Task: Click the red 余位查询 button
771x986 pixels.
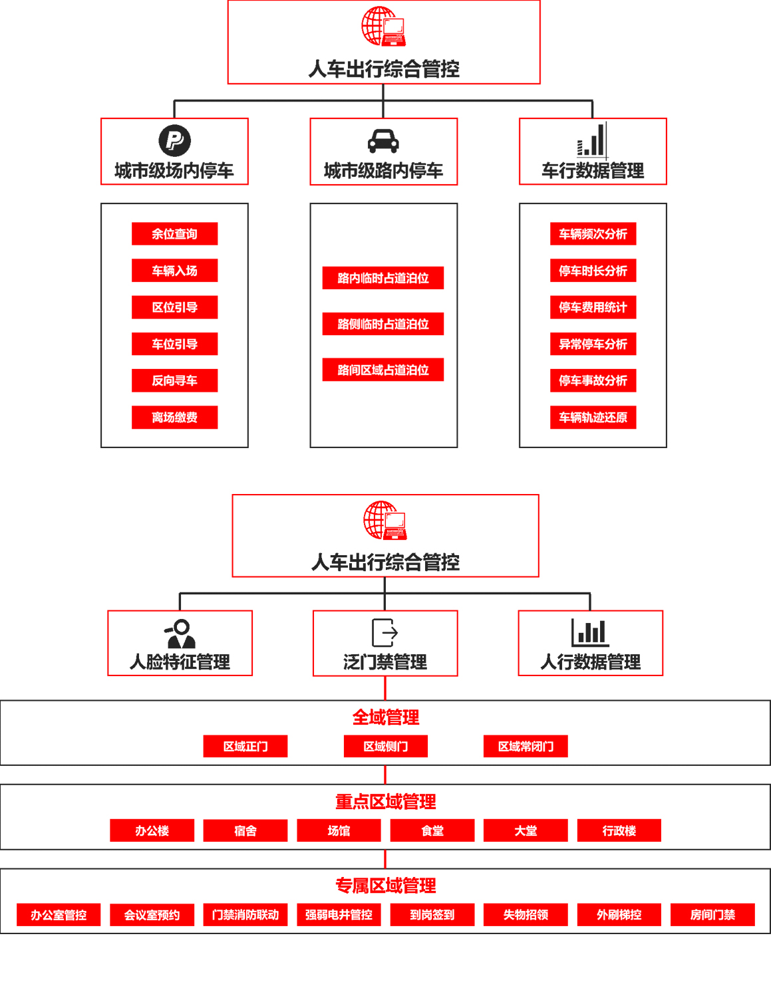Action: click(x=174, y=234)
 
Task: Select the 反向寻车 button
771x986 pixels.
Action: click(x=174, y=381)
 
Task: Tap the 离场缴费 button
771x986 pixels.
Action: click(x=174, y=418)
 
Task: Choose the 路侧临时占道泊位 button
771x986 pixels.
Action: click(x=383, y=324)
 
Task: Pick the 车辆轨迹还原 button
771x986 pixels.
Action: click(x=593, y=418)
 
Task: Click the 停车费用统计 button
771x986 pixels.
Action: click(x=593, y=307)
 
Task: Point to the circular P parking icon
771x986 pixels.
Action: click(x=174, y=140)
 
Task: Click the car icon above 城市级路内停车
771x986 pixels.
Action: click(x=383, y=141)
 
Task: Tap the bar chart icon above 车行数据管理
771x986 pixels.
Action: click(x=591, y=140)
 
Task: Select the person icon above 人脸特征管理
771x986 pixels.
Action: click(x=180, y=634)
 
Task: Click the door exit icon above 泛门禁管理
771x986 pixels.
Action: click(x=385, y=632)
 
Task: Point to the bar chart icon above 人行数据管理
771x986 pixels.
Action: click(x=590, y=632)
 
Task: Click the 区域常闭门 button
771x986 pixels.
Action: click(x=526, y=747)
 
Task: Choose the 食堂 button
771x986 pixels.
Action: click(x=432, y=831)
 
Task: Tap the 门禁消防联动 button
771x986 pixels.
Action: click(x=245, y=915)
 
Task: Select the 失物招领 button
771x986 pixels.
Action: click(x=526, y=915)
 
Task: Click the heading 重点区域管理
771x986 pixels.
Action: click(x=385, y=802)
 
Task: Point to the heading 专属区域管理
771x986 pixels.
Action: click(x=385, y=886)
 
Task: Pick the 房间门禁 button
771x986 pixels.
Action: click(x=712, y=915)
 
